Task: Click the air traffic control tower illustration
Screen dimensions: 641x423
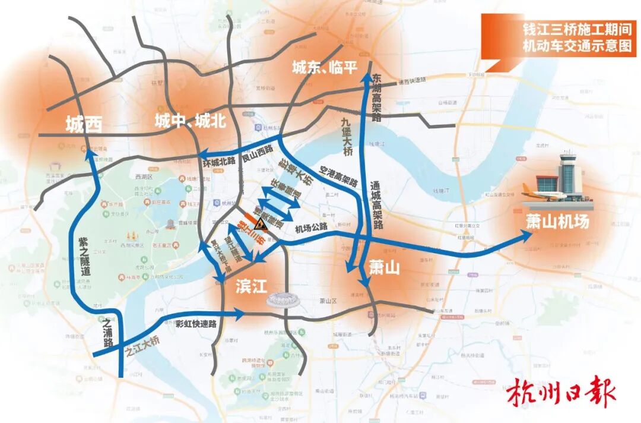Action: tap(569, 173)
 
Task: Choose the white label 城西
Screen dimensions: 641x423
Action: tap(84, 124)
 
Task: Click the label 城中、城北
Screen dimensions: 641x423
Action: tap(190, 121)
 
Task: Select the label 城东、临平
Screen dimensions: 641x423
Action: tap(325, 68)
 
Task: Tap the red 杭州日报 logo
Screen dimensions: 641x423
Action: tap(561, 393)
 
